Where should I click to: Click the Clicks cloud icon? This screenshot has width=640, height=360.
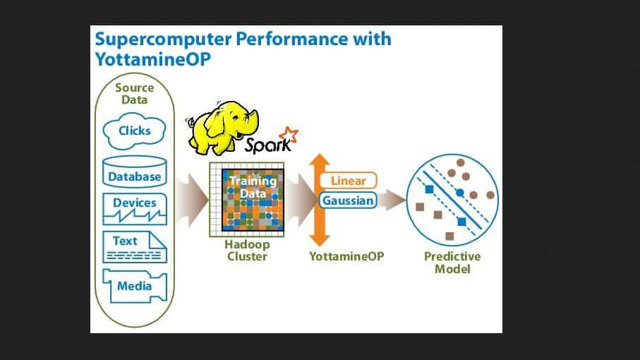click(135, 131)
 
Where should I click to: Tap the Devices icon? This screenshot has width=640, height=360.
click(135, 209)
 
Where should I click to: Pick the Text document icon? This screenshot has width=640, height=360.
click(135, 247)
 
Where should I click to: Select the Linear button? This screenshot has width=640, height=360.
click(348, 181)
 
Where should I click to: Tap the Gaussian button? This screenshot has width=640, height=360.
click(348, 200)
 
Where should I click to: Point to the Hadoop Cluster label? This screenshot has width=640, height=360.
click(246, 250)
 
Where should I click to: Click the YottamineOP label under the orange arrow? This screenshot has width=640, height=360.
click(346, 256)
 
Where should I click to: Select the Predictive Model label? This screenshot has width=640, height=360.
click(452, 262)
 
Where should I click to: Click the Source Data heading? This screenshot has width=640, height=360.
click(134, 94)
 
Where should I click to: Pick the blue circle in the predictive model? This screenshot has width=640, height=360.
click(460, 192)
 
